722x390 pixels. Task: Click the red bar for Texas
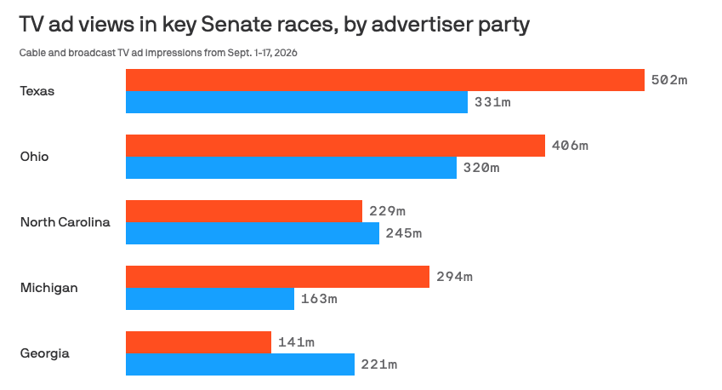pos(385,80)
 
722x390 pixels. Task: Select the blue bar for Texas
pos(297,102)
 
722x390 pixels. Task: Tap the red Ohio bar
pos(335,146)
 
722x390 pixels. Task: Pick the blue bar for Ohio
pos(291,168)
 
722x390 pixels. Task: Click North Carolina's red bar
pos(244,211)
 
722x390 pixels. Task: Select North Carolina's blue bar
pos(253,233)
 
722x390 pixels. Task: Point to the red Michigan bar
pos(277,277)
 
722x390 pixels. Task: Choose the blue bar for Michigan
pos(210,299)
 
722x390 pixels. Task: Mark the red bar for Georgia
pos(198,342)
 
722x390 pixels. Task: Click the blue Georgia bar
pos(240,364)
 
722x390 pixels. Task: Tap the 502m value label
pos(669,80)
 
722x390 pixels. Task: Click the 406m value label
pos(570,146)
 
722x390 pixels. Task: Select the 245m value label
pos(404,233)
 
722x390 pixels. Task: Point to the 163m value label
pos(319,299)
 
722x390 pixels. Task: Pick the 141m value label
pos(296,342)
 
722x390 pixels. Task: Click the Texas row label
pos(37,91)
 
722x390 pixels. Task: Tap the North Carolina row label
pos(65,222)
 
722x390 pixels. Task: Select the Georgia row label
pos(45,353)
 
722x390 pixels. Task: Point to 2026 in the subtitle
pos(286,53)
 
